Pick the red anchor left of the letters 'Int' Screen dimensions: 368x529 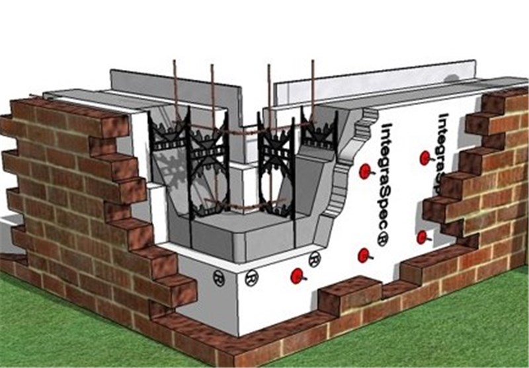[x=363, y=171]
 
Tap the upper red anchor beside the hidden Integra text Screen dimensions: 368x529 [x=424, y=157]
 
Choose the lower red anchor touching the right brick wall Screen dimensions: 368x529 [x=421, y=237]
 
